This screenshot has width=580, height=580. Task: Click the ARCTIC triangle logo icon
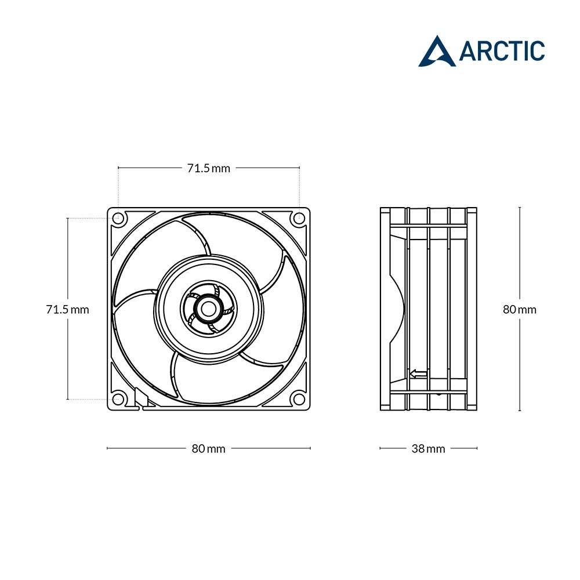click(x=437, y=52)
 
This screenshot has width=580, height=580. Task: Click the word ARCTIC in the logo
click(x=502, y=51)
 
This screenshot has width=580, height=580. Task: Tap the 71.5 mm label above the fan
click(x=208, y=168)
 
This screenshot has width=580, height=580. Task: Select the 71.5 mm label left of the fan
click(x=67, y=309)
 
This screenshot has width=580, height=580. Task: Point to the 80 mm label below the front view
click(x=208, y=448)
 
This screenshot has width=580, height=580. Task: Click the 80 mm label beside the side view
click(x=519, y=309)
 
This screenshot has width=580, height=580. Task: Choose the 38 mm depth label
click(x=429, y=448)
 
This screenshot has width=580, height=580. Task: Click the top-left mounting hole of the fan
click(x=118, y=219)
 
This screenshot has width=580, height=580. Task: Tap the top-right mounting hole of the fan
click(x=299, y=219)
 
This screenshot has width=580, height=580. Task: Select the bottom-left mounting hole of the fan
click(x=118, y=399)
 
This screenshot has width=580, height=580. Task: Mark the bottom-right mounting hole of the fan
click(x=299, y=399)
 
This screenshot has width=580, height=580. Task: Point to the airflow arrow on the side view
click(x=418, y=374)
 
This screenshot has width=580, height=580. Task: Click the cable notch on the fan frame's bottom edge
click(x=140, y=399)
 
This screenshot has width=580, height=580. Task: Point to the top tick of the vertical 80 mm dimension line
click(x=519, y=207)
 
